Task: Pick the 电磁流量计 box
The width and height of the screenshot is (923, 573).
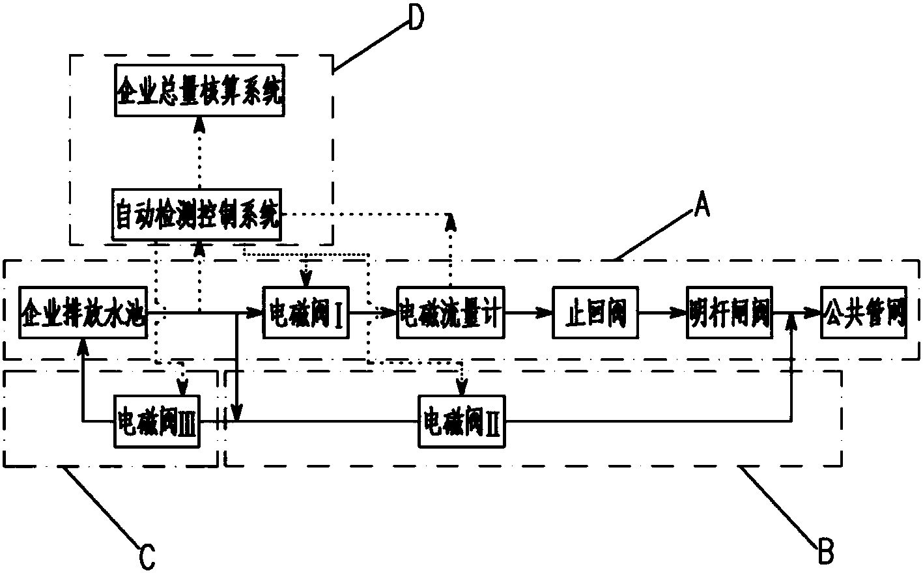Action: point(449,313)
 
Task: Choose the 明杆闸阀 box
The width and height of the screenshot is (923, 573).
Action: point(730,313)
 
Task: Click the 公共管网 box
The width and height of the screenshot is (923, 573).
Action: point(864,313)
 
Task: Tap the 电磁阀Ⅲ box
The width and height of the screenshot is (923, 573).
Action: point(156,422)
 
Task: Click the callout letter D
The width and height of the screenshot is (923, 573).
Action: point(415,18)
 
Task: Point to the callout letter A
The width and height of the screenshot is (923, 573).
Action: point(701,207)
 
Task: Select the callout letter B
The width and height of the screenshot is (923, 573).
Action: point(825,551)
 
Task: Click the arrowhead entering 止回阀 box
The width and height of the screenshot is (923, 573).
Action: point(546,313)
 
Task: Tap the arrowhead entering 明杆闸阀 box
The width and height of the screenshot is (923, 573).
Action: point(680,313)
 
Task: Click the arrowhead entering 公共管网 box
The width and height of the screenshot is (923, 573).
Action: point(814,313)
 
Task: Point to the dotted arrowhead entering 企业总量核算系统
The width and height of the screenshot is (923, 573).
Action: point(200,124)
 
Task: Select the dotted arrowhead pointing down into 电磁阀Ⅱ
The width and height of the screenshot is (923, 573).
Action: point(462,389)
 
